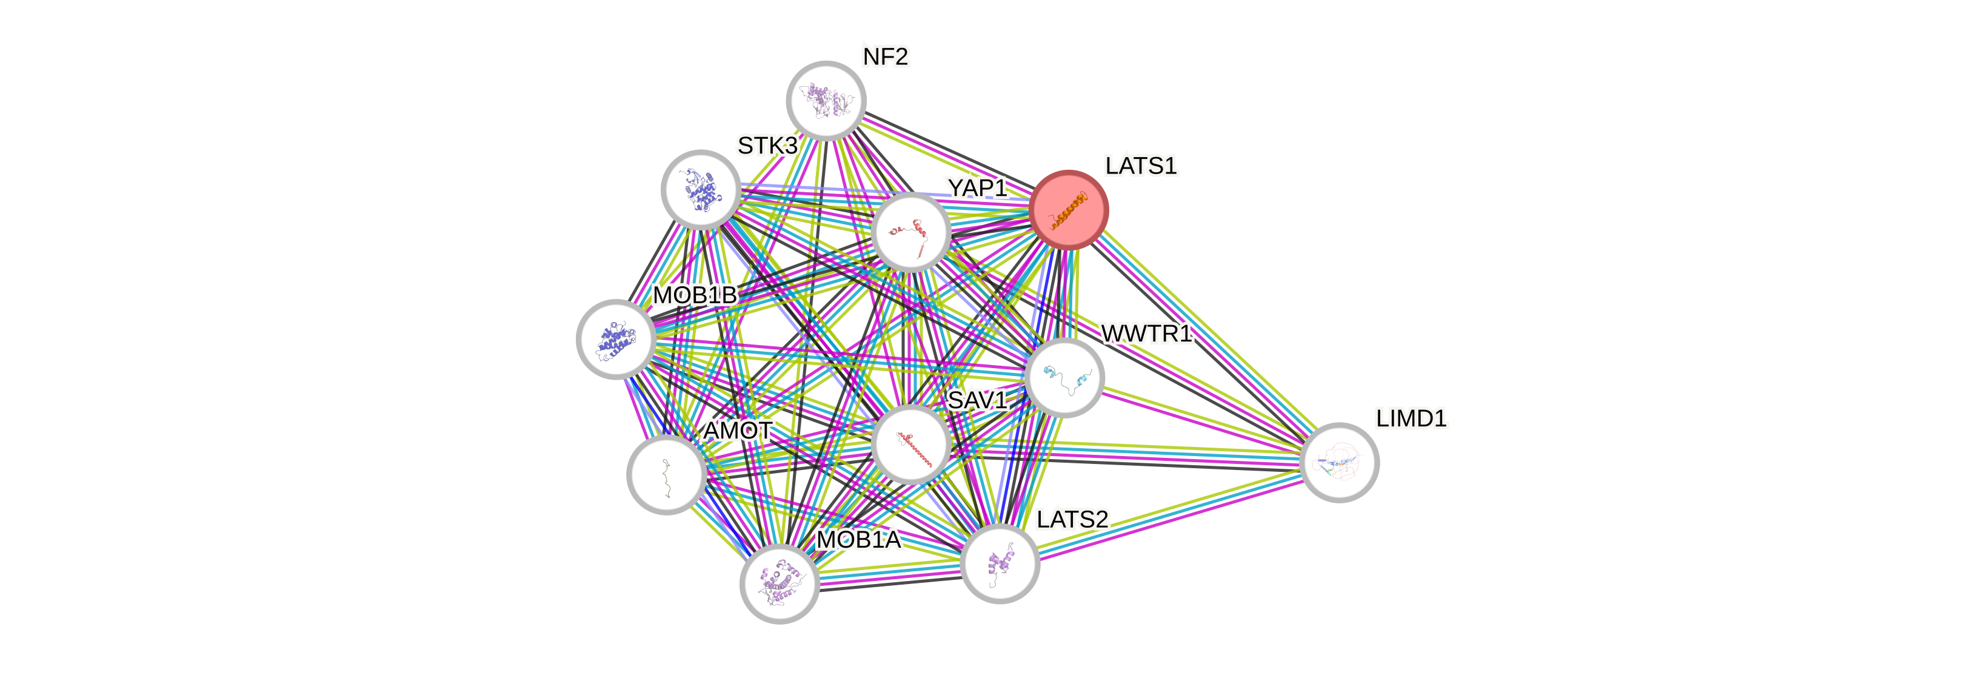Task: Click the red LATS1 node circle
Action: click(1069, 209)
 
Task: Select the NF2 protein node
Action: click(826, 100)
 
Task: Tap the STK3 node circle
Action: click(701, 189)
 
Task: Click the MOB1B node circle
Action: click(616, 339)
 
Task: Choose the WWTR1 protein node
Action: click(1064, 377)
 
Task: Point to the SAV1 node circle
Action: click(911, 445)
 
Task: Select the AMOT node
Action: click(666, 474)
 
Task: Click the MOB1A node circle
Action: click(780, 584)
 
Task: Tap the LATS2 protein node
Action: click(1000, 564)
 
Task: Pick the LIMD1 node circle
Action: click(1339, 462)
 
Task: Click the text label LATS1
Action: click(1141, 166)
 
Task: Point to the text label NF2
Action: click(886, 56)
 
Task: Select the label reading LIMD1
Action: click(1411, 418)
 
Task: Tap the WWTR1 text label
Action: click(1146, 334)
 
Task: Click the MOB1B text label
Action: click(695, 295)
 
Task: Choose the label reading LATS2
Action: click(1072, 520)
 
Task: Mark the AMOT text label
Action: click(738, 431)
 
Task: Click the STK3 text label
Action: click(767, 146)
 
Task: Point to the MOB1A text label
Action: click(859, 540)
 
